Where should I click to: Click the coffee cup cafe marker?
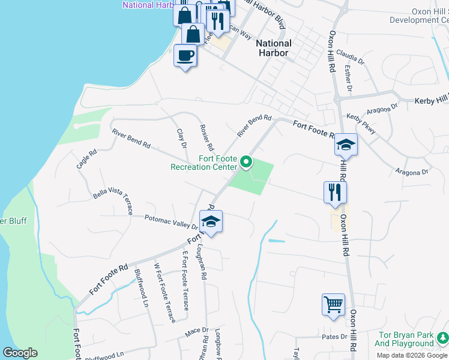[185, 56]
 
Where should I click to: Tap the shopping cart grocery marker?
[333, 304]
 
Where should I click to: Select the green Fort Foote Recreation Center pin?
[246, 162]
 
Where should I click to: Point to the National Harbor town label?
[274, 48]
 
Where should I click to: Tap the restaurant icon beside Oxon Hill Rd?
[335, 193]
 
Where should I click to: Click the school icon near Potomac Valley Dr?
[211, 222]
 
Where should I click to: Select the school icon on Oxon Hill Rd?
[346, 145]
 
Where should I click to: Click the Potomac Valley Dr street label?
[172, 222]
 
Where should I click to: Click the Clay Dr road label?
[182, 137]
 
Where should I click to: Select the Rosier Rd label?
[206, 137]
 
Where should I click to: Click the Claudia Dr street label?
[351, 58]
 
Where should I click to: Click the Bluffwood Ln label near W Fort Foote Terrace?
[140, 287]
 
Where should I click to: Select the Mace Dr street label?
[196, 330]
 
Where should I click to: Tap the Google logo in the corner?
[20, 353]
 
